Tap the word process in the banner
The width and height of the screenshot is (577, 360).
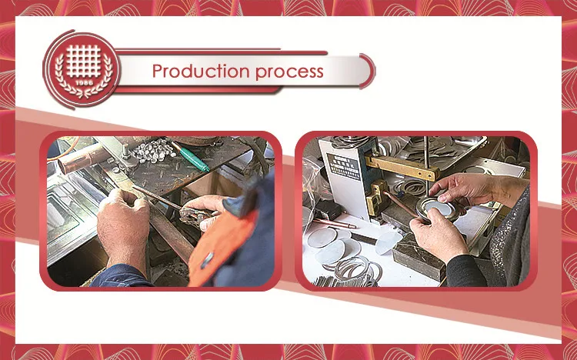click(289, 72)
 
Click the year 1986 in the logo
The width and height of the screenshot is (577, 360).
click(84, 82)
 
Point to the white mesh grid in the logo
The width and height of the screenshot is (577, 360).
click(84, 61)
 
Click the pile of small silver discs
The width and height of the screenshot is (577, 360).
click(154, 150)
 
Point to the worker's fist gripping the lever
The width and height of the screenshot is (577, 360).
click(123, 217)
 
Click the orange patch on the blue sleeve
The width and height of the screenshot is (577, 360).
click(221, 245)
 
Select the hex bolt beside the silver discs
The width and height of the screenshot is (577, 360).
click(126, 151)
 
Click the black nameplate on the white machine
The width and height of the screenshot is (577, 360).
click(344, 166)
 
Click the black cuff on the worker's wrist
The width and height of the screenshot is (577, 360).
click(465, 271)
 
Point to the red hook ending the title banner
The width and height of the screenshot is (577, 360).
click(369, 71)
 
